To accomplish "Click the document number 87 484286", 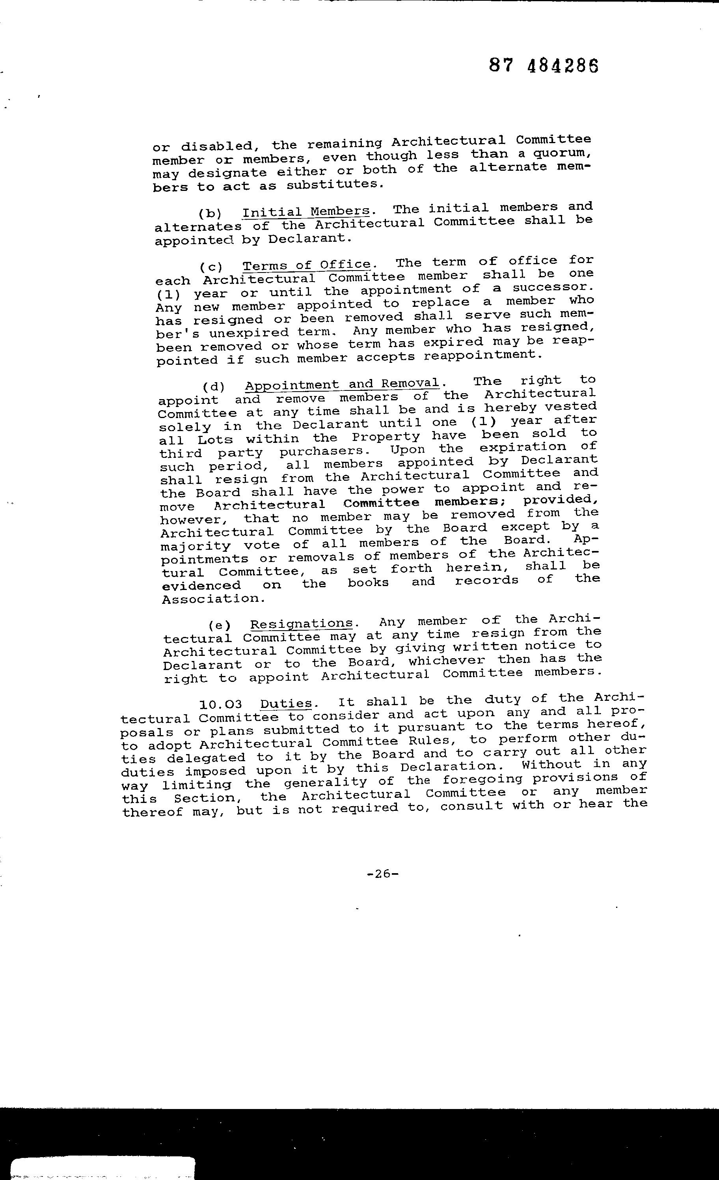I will (x=544, y=65).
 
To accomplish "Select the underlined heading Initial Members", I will (x=306, y=211).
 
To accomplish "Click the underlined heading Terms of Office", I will (x=307, y=265).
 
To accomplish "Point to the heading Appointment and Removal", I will (x=342, y=385).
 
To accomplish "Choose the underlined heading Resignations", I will (x=302, y=624).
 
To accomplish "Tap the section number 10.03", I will (x=221, y=704).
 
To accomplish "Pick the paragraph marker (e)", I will (x=220, y=625).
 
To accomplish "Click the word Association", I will (x=214, y=599).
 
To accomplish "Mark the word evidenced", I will (x=201, y=586).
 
